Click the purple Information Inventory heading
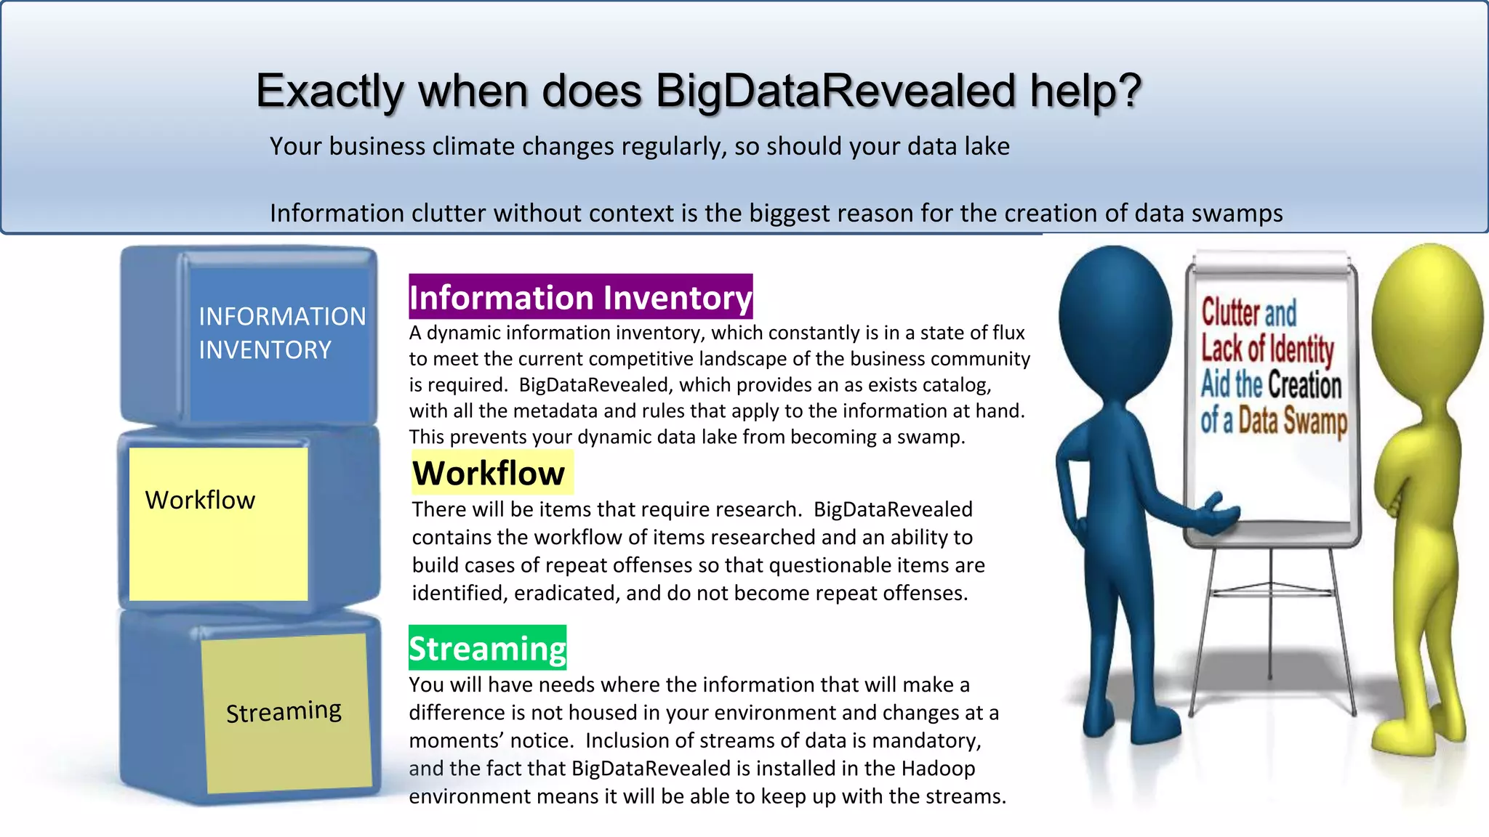(x=580, y=297)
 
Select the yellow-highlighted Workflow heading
(x=489, y=473)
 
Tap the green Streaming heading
(x=487, y=648)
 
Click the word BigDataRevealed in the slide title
(x=835, y=91)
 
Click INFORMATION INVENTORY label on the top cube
(x=282, y=333)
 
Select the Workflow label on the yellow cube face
(x=200, y=500)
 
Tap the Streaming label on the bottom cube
(x=284, y=711)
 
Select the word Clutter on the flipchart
(x=1229, y=312)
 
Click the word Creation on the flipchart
(x=1305, y=384)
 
